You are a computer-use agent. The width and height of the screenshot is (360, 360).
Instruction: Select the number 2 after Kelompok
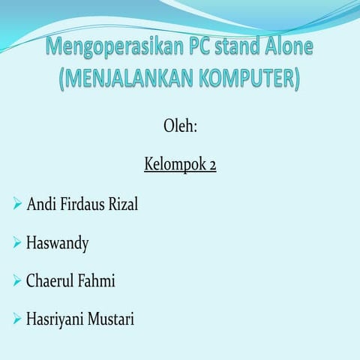coord(212,163)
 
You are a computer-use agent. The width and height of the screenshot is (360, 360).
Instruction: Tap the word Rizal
coord(123,204)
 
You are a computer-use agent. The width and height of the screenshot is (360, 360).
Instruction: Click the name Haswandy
coord(58,244)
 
